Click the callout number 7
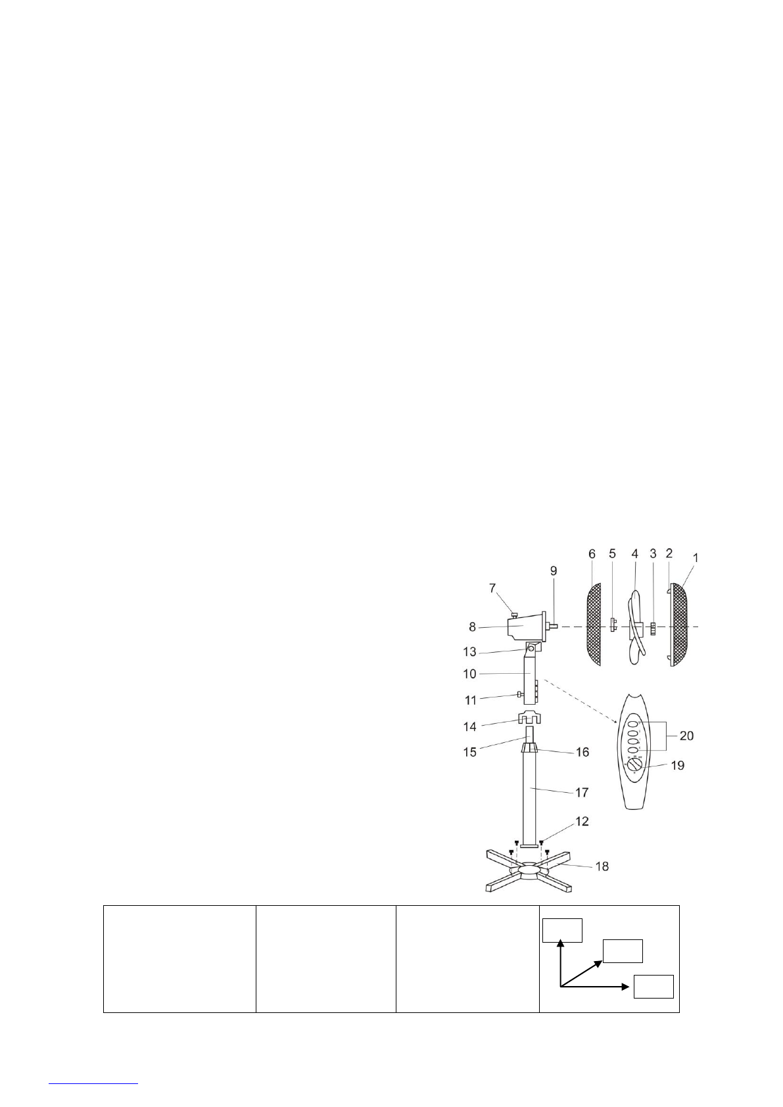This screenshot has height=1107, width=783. coord(492,588)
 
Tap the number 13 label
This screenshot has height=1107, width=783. coord(469,652)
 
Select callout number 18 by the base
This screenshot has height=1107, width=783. coord(602,866)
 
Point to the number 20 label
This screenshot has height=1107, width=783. coord(686,736)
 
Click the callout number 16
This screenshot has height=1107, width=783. coord(582,752)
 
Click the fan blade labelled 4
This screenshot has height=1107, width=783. coord(635,624)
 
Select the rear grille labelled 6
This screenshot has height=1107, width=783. coord(594,624)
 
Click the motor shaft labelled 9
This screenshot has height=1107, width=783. coord(554,627)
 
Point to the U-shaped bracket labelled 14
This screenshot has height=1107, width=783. coord(530,718)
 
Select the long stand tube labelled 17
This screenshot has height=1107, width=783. coord(530,795)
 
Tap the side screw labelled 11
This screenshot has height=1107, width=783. coord(520,695)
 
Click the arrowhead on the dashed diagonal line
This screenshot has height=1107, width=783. coord(617,722)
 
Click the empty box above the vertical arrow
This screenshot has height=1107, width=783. coord(563,930)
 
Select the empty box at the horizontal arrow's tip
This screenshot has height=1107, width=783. coord(653,987)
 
